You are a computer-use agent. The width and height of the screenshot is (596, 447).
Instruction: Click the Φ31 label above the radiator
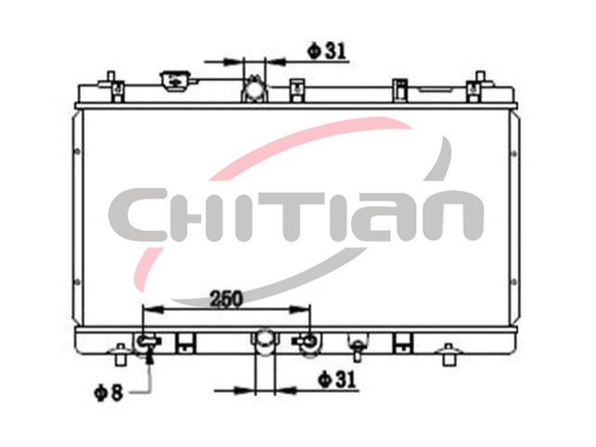(x=327, y=51)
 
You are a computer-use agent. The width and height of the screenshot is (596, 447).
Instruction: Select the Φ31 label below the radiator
(x=338, y=379)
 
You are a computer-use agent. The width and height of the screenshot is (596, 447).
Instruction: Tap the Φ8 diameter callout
(x=109, y=392)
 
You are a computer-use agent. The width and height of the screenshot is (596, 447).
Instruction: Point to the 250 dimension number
(x=226, y=299)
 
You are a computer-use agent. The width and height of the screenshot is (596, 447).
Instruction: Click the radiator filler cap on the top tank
(x=176, y=81)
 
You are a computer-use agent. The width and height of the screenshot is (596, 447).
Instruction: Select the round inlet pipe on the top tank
(x=253, y=89)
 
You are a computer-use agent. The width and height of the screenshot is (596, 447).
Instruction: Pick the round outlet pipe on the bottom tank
(x=264, y=341)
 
